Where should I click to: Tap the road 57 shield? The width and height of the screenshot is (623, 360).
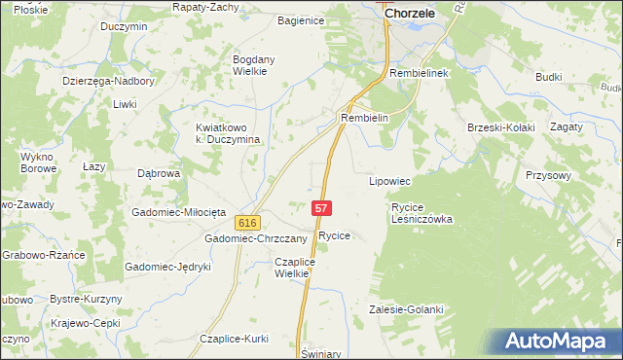point(323,208)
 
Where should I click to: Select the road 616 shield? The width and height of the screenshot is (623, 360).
point(247,223)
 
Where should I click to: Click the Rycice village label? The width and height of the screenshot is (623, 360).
point(334,236)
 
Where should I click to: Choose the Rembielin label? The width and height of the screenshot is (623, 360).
point(365,118)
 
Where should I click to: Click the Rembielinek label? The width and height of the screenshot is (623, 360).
point(418,74)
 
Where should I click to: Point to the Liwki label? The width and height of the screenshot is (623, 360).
point(124,103)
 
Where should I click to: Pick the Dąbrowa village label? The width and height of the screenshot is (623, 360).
point(159,174)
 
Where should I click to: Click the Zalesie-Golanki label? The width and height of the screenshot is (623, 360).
point(406,309)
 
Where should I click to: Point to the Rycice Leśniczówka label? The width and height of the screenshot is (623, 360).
point(422,213)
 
